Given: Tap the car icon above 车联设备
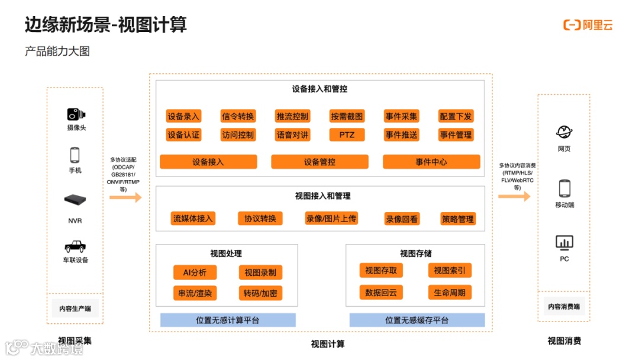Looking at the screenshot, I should click(75, 246).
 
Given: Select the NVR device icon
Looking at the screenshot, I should click(75, 201).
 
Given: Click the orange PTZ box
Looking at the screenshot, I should click(347, 134).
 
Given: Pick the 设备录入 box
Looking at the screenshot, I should click(183, 116).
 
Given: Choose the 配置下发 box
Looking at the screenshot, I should click(456, 116).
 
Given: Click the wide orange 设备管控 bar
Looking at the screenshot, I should click(319, 162).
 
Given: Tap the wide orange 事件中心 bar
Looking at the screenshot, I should click(431, 162).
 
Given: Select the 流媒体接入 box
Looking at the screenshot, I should click(192, 218).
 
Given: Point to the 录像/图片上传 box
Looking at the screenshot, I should click(331, 218).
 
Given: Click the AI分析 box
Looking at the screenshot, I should click(195, 272).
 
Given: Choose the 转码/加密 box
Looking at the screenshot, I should click(260, 292).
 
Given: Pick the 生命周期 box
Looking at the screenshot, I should click(450, 292).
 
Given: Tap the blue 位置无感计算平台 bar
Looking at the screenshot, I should click(228, 320).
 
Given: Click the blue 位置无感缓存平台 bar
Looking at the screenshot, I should click(417, 320).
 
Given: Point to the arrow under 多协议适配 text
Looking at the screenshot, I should click(125, 198).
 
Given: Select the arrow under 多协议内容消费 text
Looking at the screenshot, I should click(514, 196).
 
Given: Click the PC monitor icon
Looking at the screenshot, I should click(564, 243).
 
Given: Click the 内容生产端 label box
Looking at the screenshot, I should click(75, 308).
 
